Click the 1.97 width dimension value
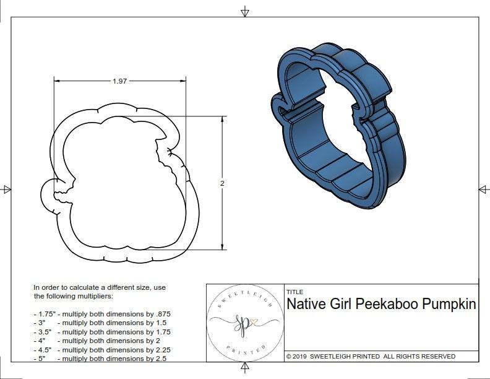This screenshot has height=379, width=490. tap(120, 81)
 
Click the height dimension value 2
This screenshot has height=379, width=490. tap(221, 183)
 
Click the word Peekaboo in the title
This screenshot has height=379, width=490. tap(389, 305)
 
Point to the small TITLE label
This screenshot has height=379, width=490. tap(294, 292)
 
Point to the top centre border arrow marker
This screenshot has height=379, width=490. tap(245, 12)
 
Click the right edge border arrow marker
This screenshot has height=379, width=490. tap(483, 189)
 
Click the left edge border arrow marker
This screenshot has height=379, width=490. tap(7, 189)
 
